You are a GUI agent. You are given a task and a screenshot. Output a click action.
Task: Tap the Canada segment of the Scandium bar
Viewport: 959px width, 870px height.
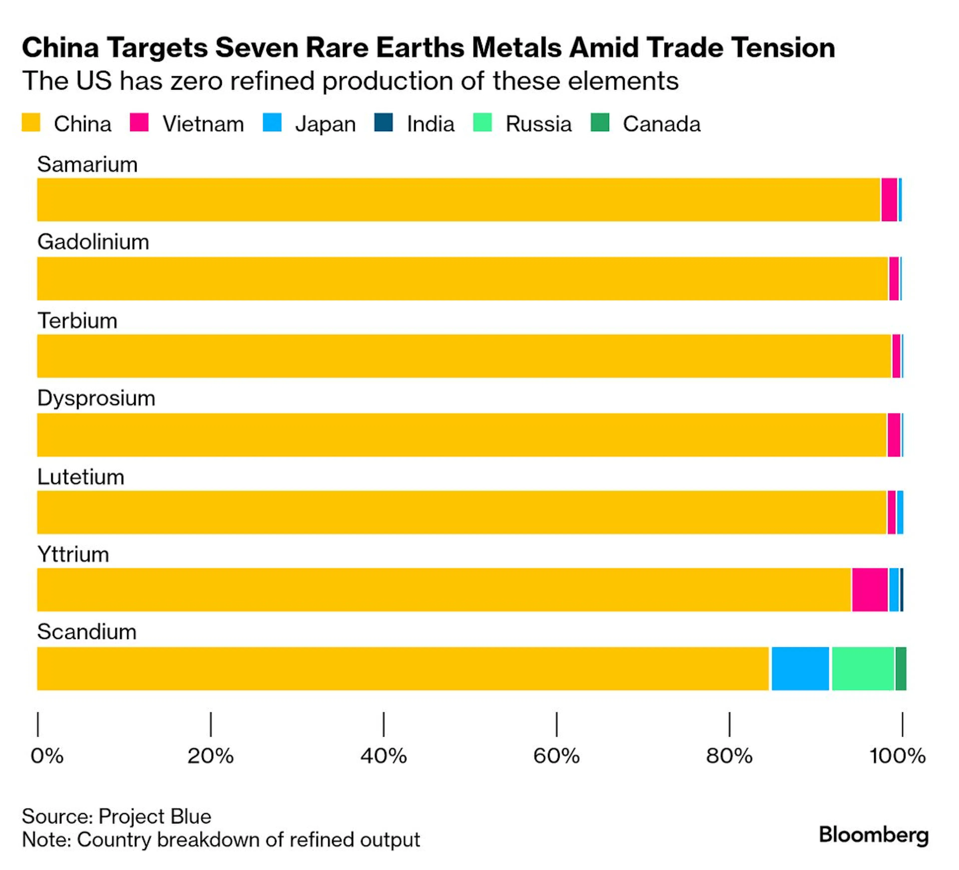[x=901, y=668]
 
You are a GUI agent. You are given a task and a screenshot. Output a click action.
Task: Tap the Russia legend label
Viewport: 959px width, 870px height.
[x=538, y=124]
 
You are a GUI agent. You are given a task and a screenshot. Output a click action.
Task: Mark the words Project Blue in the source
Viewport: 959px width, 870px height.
[x=155, y=816]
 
